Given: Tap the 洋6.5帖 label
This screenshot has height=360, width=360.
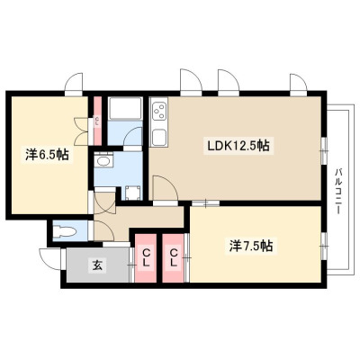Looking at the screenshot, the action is tap(47, 155).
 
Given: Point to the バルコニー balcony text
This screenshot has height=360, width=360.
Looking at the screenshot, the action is tap(339, 192).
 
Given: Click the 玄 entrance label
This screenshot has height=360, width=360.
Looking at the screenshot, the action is tap(97, 265).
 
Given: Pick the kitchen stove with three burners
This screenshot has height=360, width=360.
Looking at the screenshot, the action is tap(159, 112).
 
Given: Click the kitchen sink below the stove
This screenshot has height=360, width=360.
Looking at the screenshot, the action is tap(158, 138).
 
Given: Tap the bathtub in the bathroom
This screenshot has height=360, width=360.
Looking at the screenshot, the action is tap(125, 108).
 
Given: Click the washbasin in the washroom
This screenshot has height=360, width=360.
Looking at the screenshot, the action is tap(103, 161).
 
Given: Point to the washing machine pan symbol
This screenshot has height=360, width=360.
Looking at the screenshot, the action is tap(132, 193).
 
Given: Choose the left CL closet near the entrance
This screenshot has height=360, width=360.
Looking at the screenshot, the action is tap(146, 258).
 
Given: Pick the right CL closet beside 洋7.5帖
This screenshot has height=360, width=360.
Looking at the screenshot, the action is tap(173, 258).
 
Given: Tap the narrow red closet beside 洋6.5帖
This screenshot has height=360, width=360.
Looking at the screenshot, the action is tap(97, 121).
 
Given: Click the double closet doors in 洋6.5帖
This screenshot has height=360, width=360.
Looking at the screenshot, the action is tap(81, 131).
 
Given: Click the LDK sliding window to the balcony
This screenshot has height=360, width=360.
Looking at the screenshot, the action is tap(323, 150).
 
